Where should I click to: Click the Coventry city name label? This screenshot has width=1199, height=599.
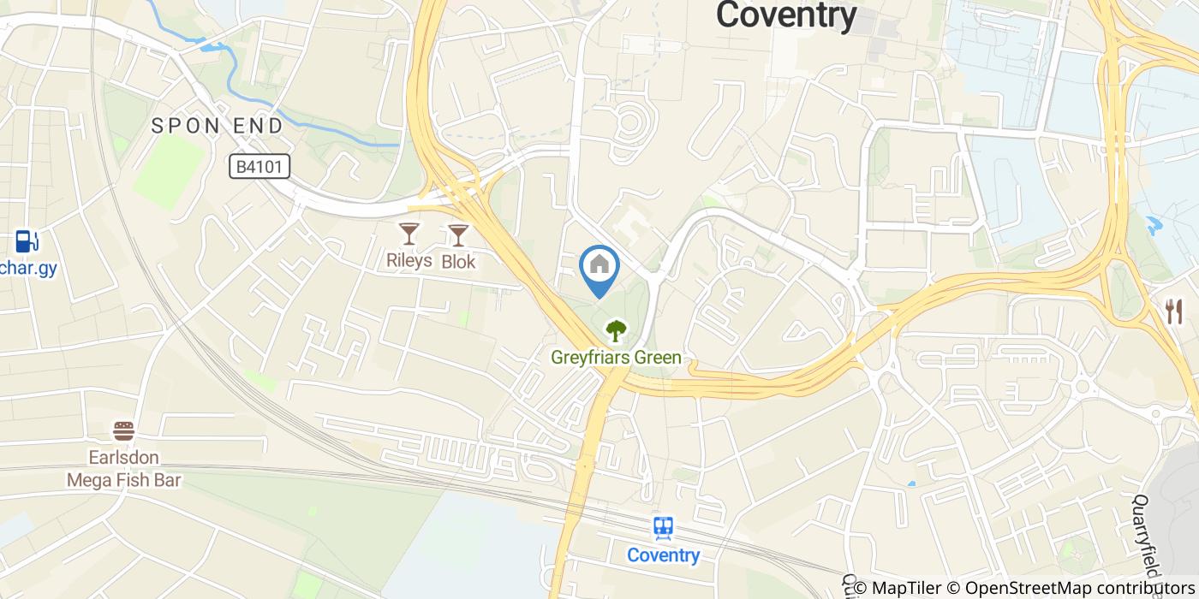[785, 15]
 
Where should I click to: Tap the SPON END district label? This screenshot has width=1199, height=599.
[217, 126]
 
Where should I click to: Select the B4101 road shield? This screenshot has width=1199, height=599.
[259, 166]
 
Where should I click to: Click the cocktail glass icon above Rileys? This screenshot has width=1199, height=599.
[409, 233]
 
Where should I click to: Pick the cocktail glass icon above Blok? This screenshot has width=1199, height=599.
[459, 234]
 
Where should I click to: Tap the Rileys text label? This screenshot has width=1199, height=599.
[409, 260]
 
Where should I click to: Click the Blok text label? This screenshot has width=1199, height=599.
[458, 262]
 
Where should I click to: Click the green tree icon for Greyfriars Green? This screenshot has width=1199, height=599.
[615, 330]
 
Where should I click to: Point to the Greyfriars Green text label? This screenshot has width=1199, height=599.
[616, 358]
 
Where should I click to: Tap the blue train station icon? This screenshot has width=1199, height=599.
[663, 528]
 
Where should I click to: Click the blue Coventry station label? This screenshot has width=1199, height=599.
[663, 555]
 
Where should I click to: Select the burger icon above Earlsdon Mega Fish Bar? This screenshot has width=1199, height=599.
[124, 430]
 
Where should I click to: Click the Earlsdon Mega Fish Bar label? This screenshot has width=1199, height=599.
[124, 469]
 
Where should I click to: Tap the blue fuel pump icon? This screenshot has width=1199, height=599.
[26, 240]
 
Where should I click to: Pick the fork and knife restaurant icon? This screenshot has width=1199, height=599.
[1173, 311]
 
